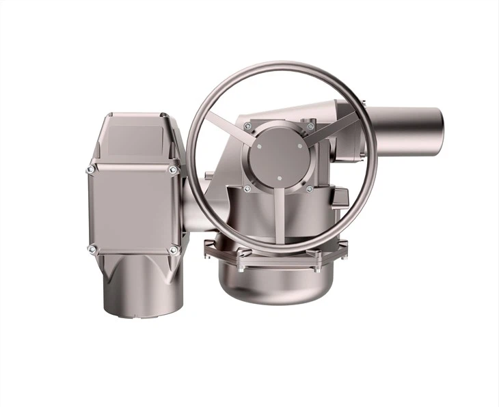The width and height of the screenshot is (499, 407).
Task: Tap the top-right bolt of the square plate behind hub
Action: tap(310, 126)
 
